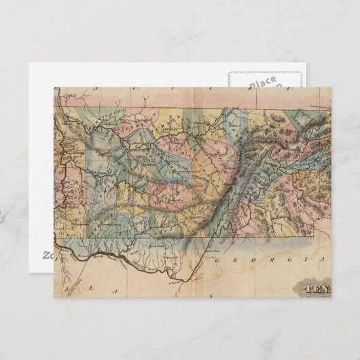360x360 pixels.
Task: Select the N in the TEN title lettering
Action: [324, 288]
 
